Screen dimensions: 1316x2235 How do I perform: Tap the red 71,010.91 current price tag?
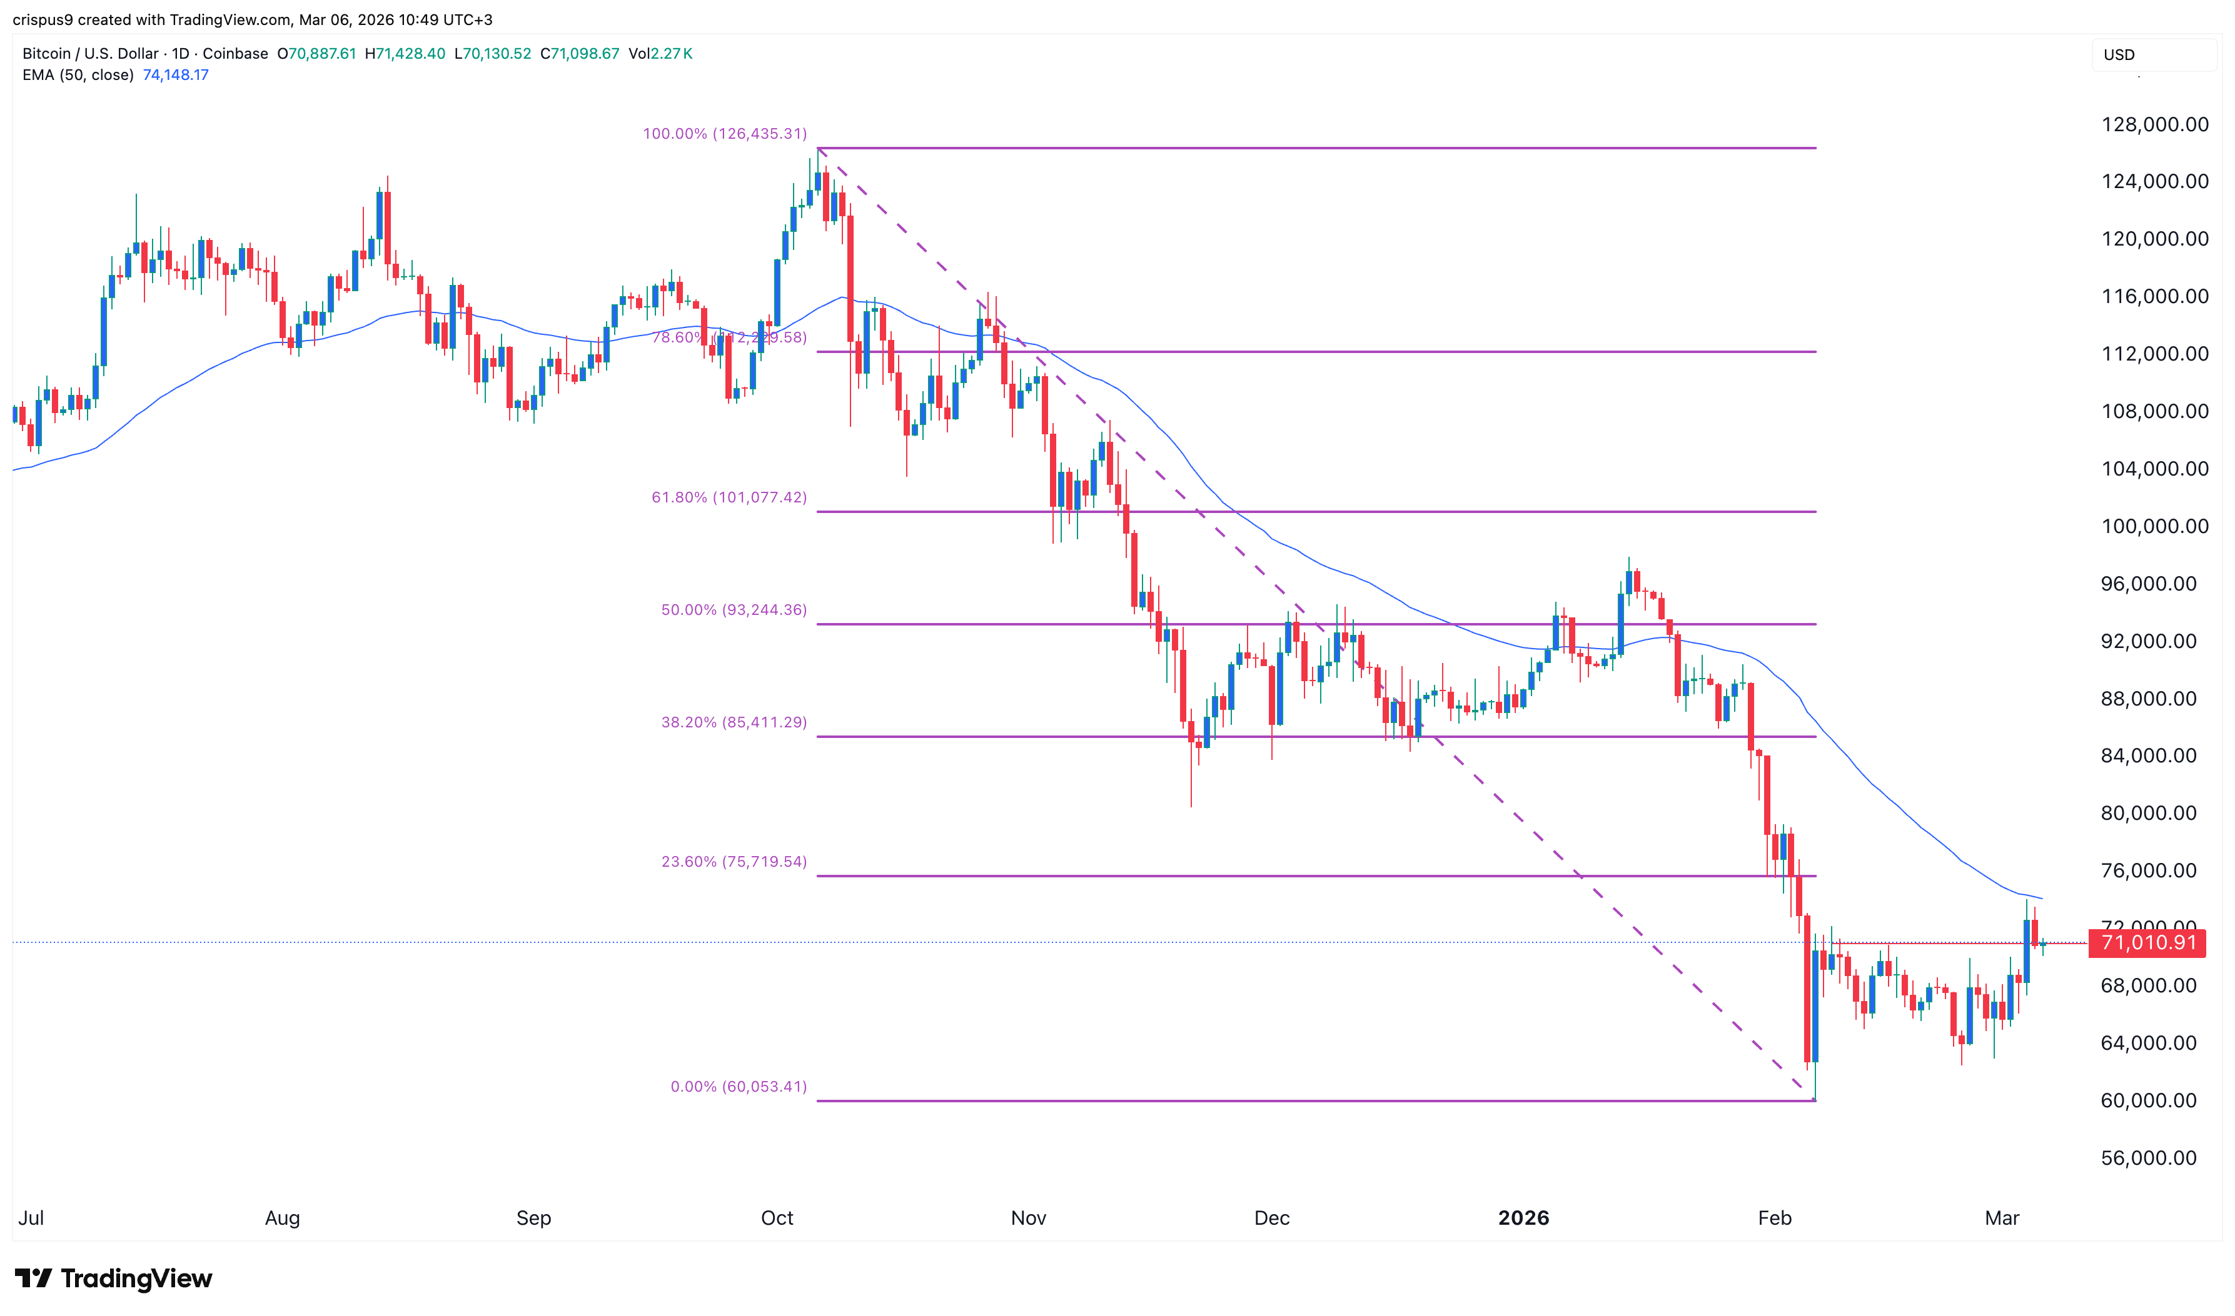pyautogui.click(x=2147, y=943)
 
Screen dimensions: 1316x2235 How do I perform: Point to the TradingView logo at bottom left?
pyautogui.click(x=114, y=1278)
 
